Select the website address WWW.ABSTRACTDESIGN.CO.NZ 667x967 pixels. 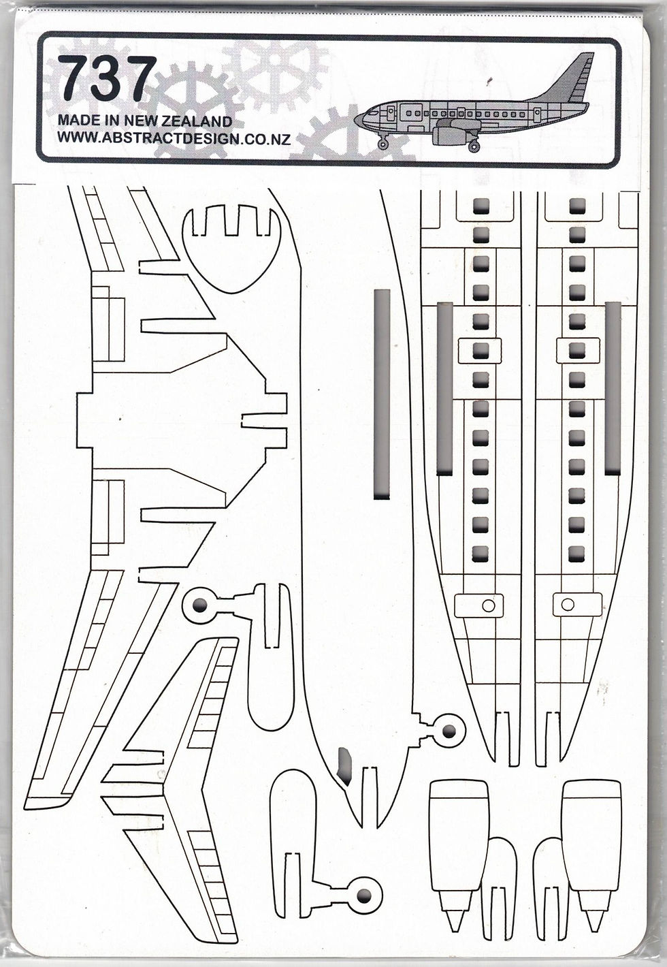174,139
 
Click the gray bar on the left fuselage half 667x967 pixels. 445,388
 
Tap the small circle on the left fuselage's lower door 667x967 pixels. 488,605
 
